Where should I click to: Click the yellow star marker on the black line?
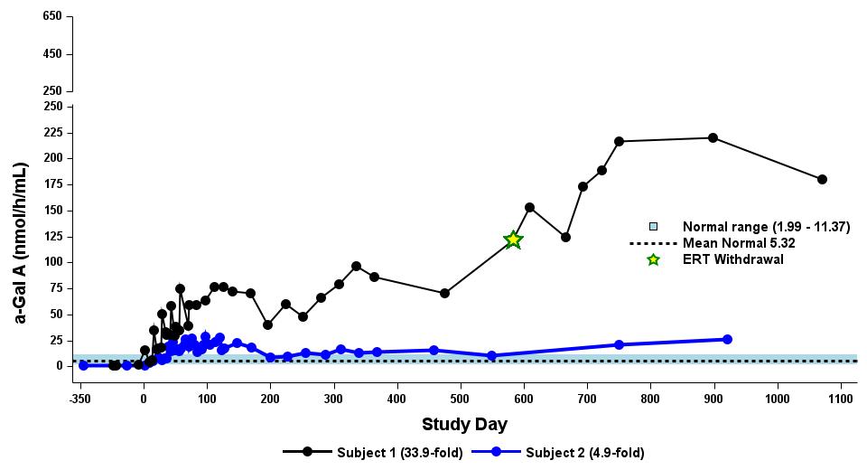[513, 240]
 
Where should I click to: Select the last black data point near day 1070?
[822, 179]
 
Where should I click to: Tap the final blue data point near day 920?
[727, 339]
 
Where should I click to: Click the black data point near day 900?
[713, 137]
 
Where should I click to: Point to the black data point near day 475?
[444, 293]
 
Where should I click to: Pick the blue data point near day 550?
[491, 356]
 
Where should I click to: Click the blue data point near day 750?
[619, 344]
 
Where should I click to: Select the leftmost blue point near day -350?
[83, 365]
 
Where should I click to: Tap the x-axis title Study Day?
[464, 424]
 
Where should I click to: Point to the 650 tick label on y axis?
[51, 16]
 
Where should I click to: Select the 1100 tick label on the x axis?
[841, 398]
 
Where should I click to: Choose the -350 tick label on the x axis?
[80, 398]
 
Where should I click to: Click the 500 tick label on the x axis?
[461, 398]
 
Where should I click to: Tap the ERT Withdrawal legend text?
[732, 259]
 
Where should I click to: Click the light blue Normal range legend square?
[653, 227]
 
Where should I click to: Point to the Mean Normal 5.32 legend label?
[738, 243]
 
